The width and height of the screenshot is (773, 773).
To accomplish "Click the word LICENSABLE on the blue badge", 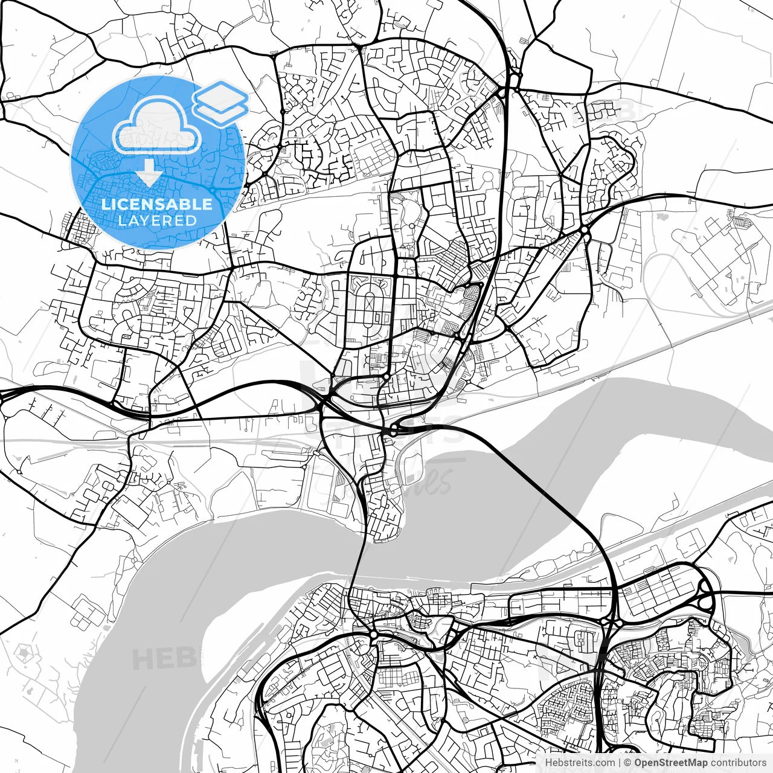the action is [x=157, y=204].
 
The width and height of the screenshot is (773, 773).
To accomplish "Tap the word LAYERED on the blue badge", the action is [x=157, y=220].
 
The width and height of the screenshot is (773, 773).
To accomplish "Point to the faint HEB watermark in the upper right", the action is [x=604, y=112].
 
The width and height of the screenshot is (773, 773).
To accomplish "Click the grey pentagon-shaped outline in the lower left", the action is [x=24, y=654].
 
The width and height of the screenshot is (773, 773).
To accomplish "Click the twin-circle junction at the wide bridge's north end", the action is [x=393, y=430].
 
